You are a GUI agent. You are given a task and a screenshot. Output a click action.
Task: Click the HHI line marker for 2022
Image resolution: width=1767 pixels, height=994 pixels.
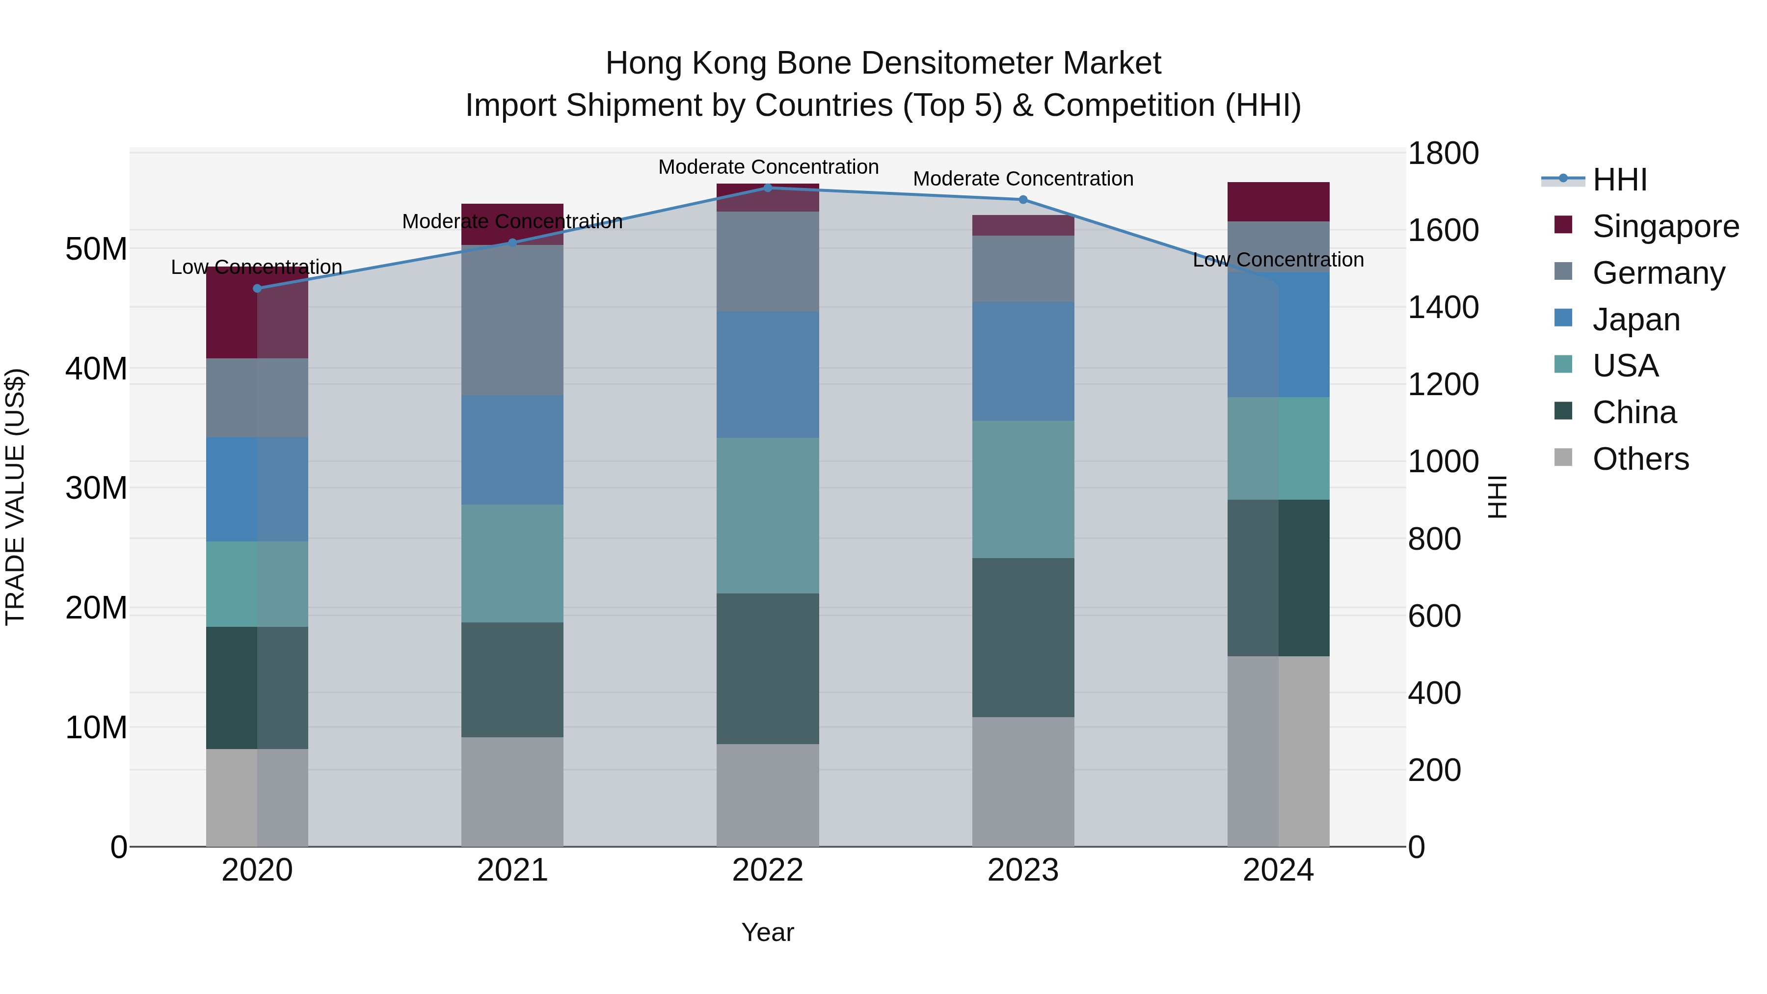[768, 188]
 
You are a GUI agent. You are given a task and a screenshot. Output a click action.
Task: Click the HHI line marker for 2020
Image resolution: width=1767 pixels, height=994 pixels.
[257, 289]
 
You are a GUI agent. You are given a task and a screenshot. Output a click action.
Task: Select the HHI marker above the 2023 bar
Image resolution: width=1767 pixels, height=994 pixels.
[1023, 200]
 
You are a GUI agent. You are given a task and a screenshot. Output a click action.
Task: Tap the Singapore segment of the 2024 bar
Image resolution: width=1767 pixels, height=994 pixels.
[1278, 202]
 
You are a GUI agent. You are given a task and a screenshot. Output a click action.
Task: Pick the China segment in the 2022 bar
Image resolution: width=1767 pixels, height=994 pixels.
[768, 669]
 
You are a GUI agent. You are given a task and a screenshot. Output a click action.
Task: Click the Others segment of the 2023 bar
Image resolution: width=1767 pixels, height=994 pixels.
[1023, 782]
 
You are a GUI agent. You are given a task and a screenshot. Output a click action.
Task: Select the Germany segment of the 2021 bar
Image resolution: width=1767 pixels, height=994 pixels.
[512, 321]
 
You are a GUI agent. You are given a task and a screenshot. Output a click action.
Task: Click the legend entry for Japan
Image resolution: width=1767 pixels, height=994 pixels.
[1636, 320]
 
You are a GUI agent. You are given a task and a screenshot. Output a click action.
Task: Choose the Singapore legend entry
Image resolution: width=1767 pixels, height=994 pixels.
[1665, 226]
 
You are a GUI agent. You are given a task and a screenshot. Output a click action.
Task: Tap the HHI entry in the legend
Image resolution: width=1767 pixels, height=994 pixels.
[1619, 180]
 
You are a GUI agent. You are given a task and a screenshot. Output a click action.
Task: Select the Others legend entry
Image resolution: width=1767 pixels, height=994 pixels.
[1640, 459]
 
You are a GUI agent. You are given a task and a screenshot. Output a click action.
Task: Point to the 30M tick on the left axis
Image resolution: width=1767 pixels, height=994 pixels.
[96, 488]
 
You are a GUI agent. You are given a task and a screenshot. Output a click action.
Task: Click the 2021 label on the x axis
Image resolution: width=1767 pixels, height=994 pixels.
[512, 870]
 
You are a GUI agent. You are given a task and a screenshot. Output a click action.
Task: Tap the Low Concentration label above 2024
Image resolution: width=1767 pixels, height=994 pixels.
[1278, 260]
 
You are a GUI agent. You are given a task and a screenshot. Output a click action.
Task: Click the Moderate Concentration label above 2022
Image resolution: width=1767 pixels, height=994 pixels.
[768, 167]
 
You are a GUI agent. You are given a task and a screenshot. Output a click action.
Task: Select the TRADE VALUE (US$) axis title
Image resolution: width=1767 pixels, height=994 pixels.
[15, 497]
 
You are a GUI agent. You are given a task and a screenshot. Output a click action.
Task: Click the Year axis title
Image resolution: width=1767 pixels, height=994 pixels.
[768, 932]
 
